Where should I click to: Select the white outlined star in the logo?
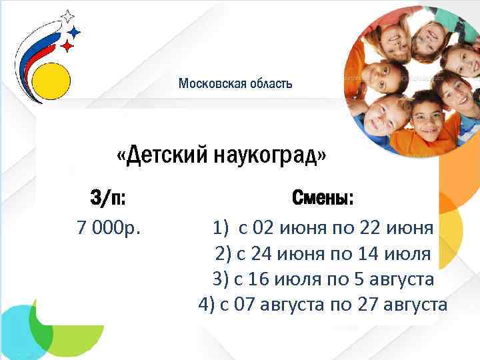[68, 17]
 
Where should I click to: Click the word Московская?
[211, 84]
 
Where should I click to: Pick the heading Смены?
[323, 199]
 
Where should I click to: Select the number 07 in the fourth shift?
[244, 305]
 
